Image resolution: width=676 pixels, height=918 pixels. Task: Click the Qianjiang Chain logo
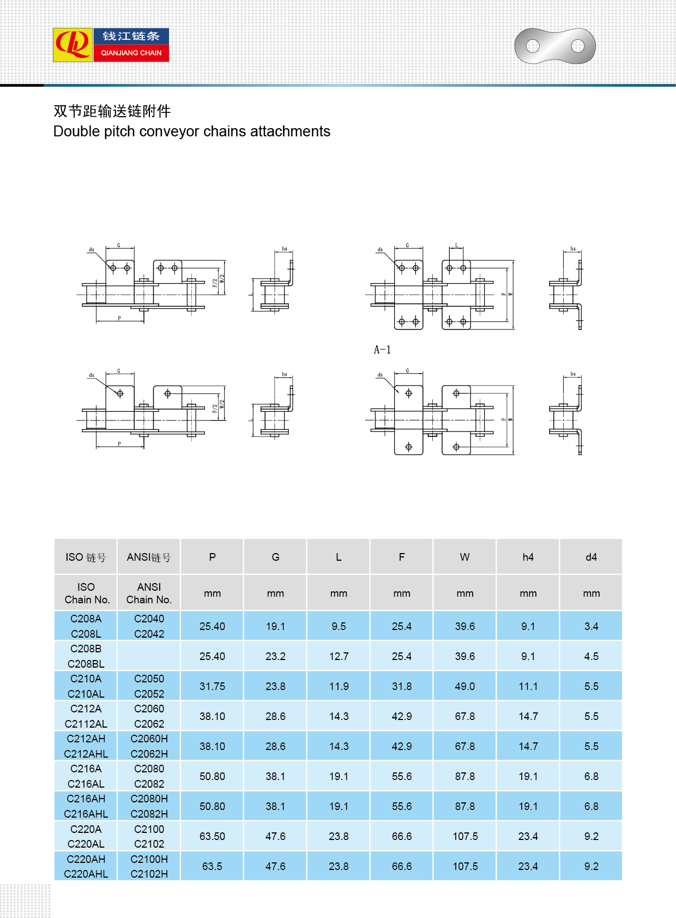pyautogui.click(x=111, y=45)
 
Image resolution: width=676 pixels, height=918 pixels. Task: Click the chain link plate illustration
pyautogui.click(x=555, y=46)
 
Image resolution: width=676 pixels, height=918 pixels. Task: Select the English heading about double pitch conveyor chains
pyautogui.click(x=191, y=131)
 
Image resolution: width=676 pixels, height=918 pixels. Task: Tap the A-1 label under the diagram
pyautogui.click(x=382, y=350)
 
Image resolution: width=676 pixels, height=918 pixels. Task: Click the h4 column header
pyautogui.click(x=528, y=557)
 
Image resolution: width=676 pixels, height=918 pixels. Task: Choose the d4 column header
pyautogui.click(x=591, y=557)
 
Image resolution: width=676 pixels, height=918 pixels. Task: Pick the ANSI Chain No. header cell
pyautogui.click(x=149, y=593)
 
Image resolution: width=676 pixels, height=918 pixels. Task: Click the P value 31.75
pyautogui.click(x=212, y=686)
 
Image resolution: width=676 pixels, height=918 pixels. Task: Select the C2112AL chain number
pyautogui.click(x=86, y=724)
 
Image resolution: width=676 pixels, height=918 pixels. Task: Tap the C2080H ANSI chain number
pyautogui.click(x=149, y=799)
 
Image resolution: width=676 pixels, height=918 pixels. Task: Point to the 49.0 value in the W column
pyautogui.click(x=464, y=686)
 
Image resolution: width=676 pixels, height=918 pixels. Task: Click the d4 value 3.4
pyautogui.click(x=591, y=626)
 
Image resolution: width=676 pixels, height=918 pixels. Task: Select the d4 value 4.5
pyautogui.click(x=591, y=656)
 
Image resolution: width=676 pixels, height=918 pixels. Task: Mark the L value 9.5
pyautogui.click(x=339, y=626)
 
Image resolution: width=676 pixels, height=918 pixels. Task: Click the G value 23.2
pyautogui.click(x=275, y=656)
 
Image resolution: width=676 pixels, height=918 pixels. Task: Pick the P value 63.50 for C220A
pyautogui.click(x=212, y=836)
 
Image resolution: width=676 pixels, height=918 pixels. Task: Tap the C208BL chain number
pyautogui.click(x=86, y=664)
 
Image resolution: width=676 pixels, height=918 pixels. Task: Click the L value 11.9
pyautogui.click(x=339, y=686)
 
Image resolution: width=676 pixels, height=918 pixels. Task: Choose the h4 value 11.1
pyautogui.click(x=528, y=686)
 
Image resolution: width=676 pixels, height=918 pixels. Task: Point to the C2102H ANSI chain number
pyautogui.click(x=149, y=874)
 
